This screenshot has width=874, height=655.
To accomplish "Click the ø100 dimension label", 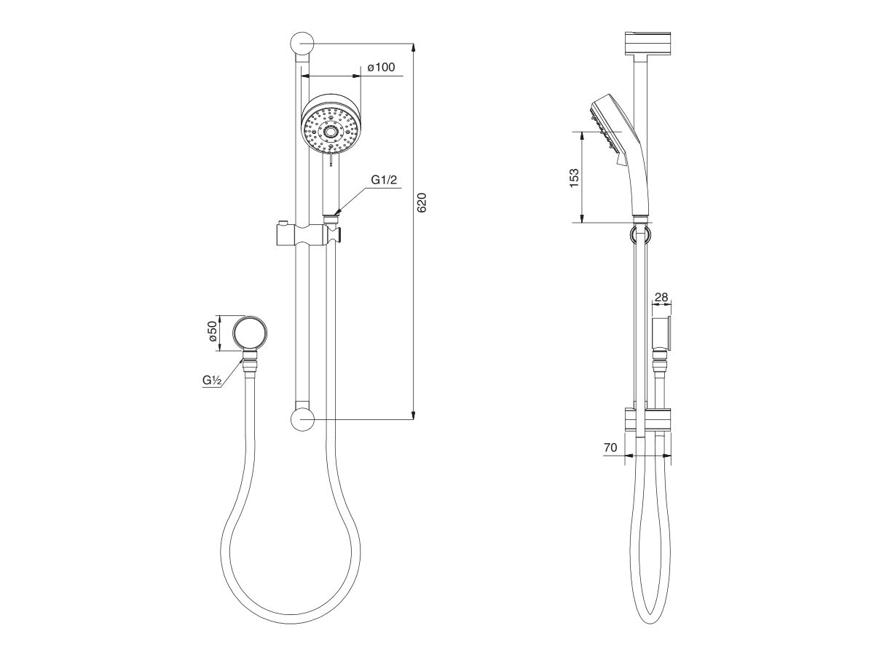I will pyautogui.click(x=381, y=68).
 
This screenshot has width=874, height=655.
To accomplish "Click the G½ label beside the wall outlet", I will pyautogui.click(x=213, y=380).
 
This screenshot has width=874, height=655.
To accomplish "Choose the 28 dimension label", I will pyautogui.click(x=661, y=298).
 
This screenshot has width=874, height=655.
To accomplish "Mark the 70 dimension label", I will pyautogui.click(x=610, y=449).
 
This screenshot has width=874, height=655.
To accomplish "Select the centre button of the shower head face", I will pyautogui.click(x=332, y=132).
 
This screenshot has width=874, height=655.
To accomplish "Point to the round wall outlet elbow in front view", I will pyautogui.click(x=250, y=333).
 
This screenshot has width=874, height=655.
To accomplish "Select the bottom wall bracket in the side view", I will pyautogui.click(x=647, y=420).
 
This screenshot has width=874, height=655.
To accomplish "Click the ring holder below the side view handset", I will pyautogui.click(x=639, y=233).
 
